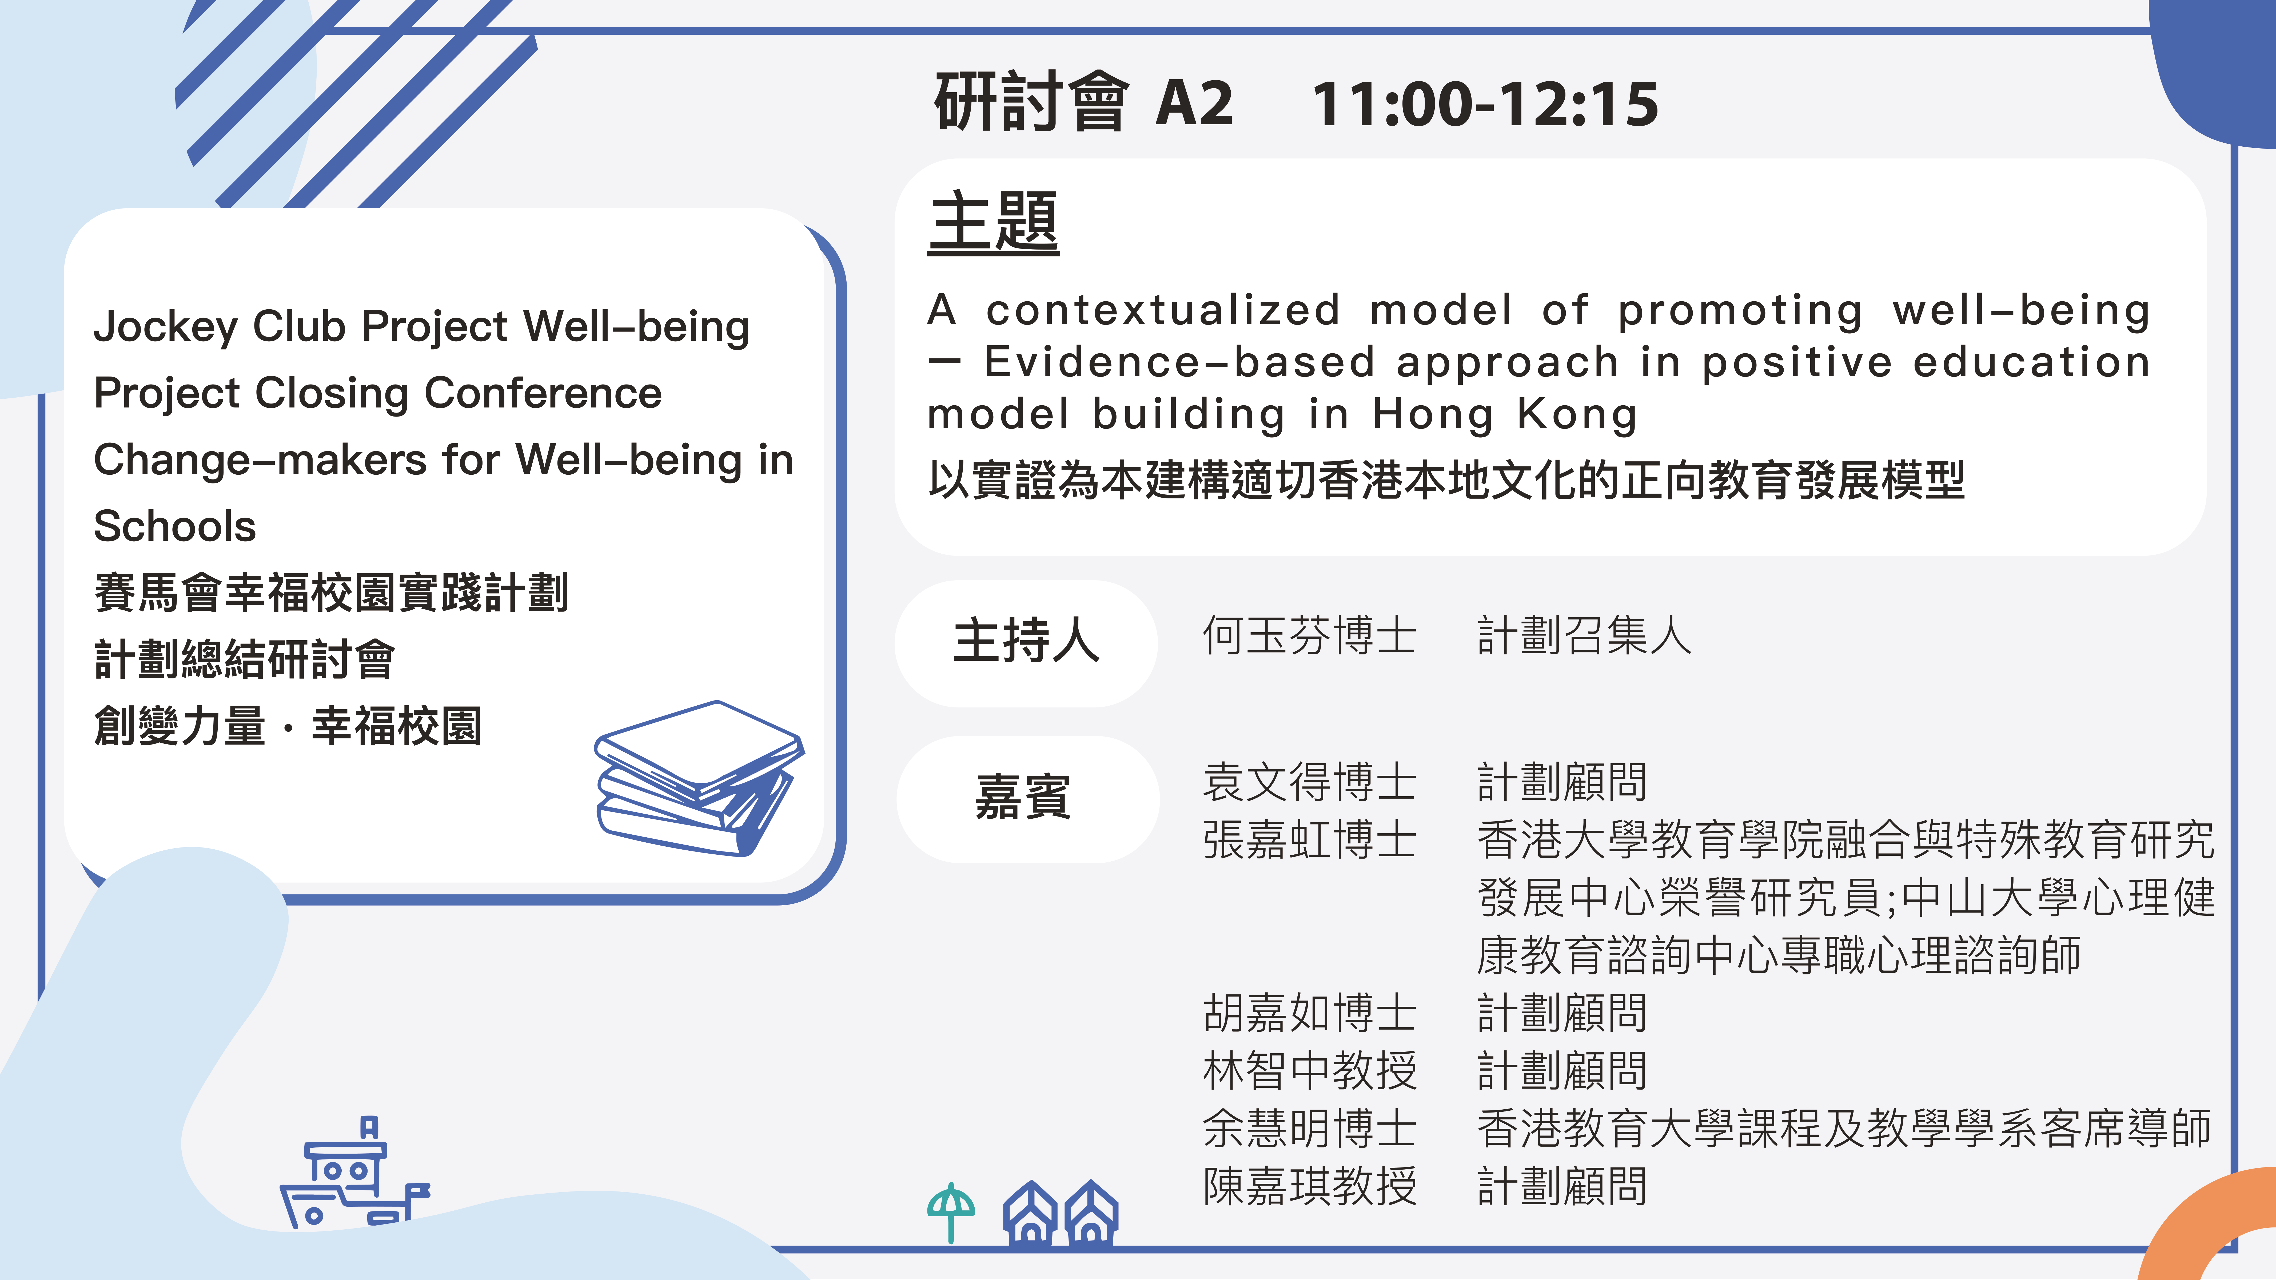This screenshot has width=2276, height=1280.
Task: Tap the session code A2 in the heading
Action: pyautogui.click(x=1194, y=104)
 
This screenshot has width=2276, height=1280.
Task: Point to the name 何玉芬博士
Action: pyautogui.click(x=1309, y=636)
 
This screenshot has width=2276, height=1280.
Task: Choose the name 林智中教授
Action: pyautogui.click(x=1309, y=1071)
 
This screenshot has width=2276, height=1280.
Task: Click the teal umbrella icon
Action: pyautogui.click(x=951, y=1212)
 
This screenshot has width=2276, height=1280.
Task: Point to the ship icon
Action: pyautogui.click(x=353, y=1172)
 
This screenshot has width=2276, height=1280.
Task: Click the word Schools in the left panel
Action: pyautogui.click(x=175, y=526)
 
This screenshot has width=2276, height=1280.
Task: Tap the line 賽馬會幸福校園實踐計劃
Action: pyautogui.click(x=331, y=593)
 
